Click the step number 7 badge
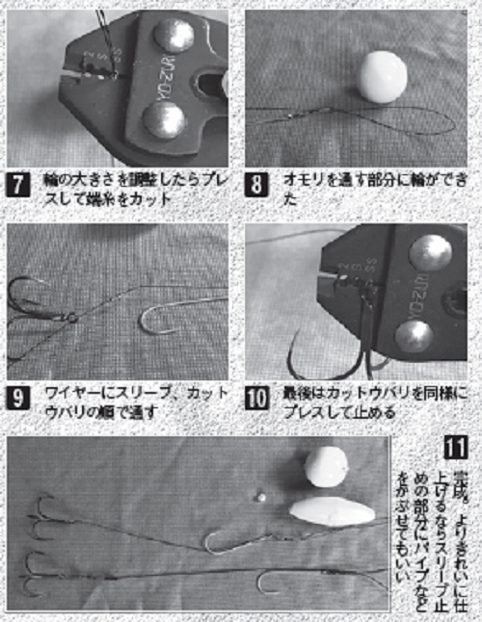[20, 184]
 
